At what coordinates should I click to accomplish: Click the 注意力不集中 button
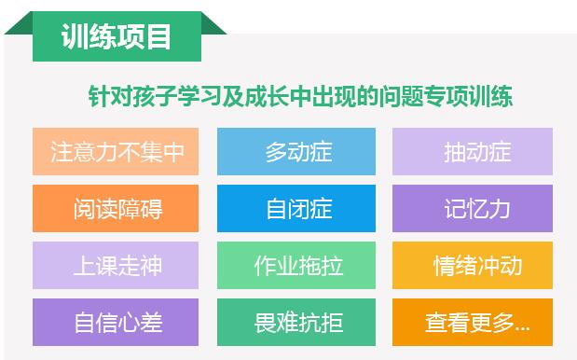tap(117, 152)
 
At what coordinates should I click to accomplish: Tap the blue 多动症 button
tap(296, 152)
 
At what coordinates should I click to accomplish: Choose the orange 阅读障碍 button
tap(117, 209)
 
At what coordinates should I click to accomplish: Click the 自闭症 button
tap(296, 209)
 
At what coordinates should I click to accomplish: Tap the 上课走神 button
tap(117, 266)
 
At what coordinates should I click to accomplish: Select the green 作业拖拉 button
tap(296, 266)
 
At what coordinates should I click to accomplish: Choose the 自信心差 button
tap(117, 323)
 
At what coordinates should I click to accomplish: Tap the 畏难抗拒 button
tap(296, 323)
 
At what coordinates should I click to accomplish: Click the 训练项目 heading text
tap(117, 37)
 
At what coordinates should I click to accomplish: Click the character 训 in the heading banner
tap(75, 37)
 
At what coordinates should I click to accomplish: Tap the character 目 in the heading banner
tap(158, 37)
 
